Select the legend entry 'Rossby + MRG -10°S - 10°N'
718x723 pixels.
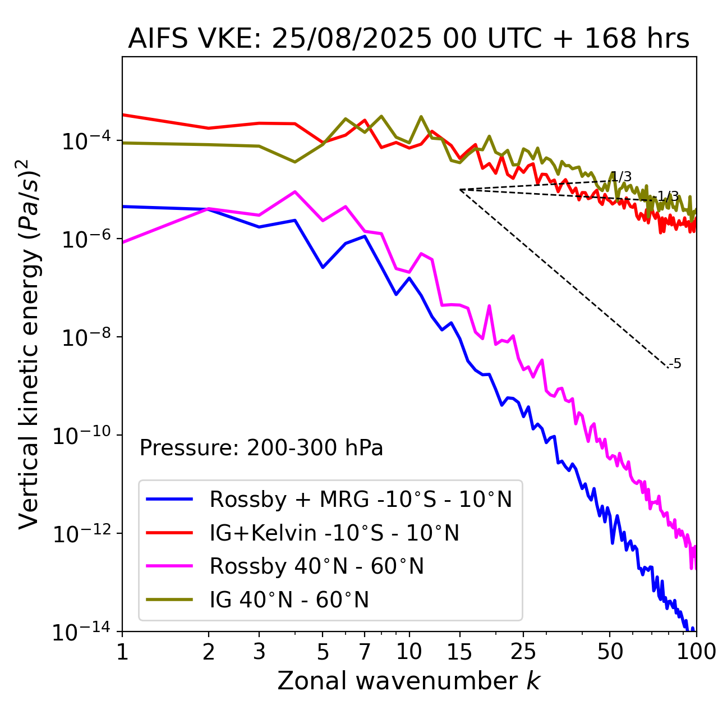coord(361,499)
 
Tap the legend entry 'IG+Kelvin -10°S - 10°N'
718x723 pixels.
coord(334,533)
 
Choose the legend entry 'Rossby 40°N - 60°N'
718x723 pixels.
coord(316,566)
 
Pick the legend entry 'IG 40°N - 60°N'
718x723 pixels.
coord(289,600)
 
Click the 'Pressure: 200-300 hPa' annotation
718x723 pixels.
coord(261,448)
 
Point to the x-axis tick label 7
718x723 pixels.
coord(365,652)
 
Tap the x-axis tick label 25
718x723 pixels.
coord(523,652)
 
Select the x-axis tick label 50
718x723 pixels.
coord(610,652)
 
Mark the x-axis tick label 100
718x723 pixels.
coord(696,652)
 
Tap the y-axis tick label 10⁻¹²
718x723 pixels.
coord(81,533)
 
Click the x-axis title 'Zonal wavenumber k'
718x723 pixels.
coord(408,681)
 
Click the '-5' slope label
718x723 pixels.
coord(676,364)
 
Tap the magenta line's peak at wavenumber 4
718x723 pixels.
coord(295,191)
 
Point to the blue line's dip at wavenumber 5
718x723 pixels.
coord(323,267)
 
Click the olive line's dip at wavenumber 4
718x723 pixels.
coord(295,162)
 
